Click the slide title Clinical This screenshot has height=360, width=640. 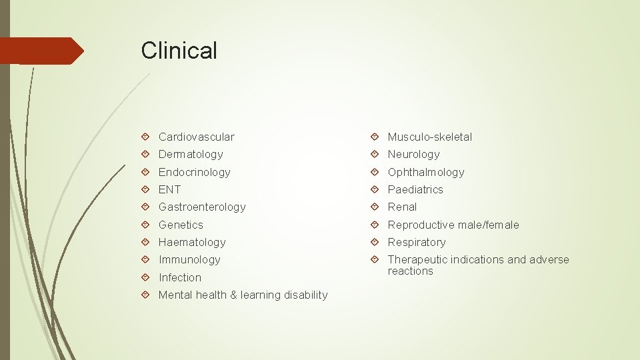[179, 51]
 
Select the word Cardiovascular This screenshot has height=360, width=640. [196, 137]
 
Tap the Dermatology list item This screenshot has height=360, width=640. [191, 154]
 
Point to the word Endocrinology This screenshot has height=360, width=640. [194, 172]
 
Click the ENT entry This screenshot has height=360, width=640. [169, 189]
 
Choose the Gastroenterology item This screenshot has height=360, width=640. [202, 207]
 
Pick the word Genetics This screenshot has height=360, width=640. [181, 225]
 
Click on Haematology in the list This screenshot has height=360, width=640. [192, 242]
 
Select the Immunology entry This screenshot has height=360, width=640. [189, 259]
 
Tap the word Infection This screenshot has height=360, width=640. [179, 277]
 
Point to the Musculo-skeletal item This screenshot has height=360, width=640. [429, 137]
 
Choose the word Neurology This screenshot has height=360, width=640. [413, 154]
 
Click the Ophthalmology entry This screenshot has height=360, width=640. [425, 172]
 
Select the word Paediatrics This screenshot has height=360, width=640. [415, 189]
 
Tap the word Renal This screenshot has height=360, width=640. [402, 207]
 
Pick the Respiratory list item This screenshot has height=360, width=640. [417, 242]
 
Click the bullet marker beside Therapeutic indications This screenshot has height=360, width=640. [375, 259]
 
